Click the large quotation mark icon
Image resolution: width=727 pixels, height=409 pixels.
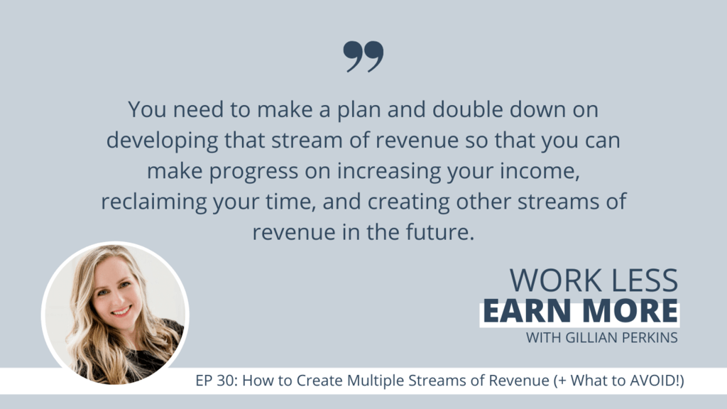pyautogui.click(x=363, y=57)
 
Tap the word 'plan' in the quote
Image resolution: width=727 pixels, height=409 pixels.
pyautogui.click(x=359, y=110)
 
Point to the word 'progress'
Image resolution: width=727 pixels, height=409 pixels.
pyautogui.click(x=253, y=172)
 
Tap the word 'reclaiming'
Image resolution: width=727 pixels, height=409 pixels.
pyautogui.click(x=154, y=202)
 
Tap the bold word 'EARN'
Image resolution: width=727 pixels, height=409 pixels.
pyautogui.click(x=527, y=311)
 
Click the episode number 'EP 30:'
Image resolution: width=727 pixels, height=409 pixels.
pyautogui.click(x=217, y=381)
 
